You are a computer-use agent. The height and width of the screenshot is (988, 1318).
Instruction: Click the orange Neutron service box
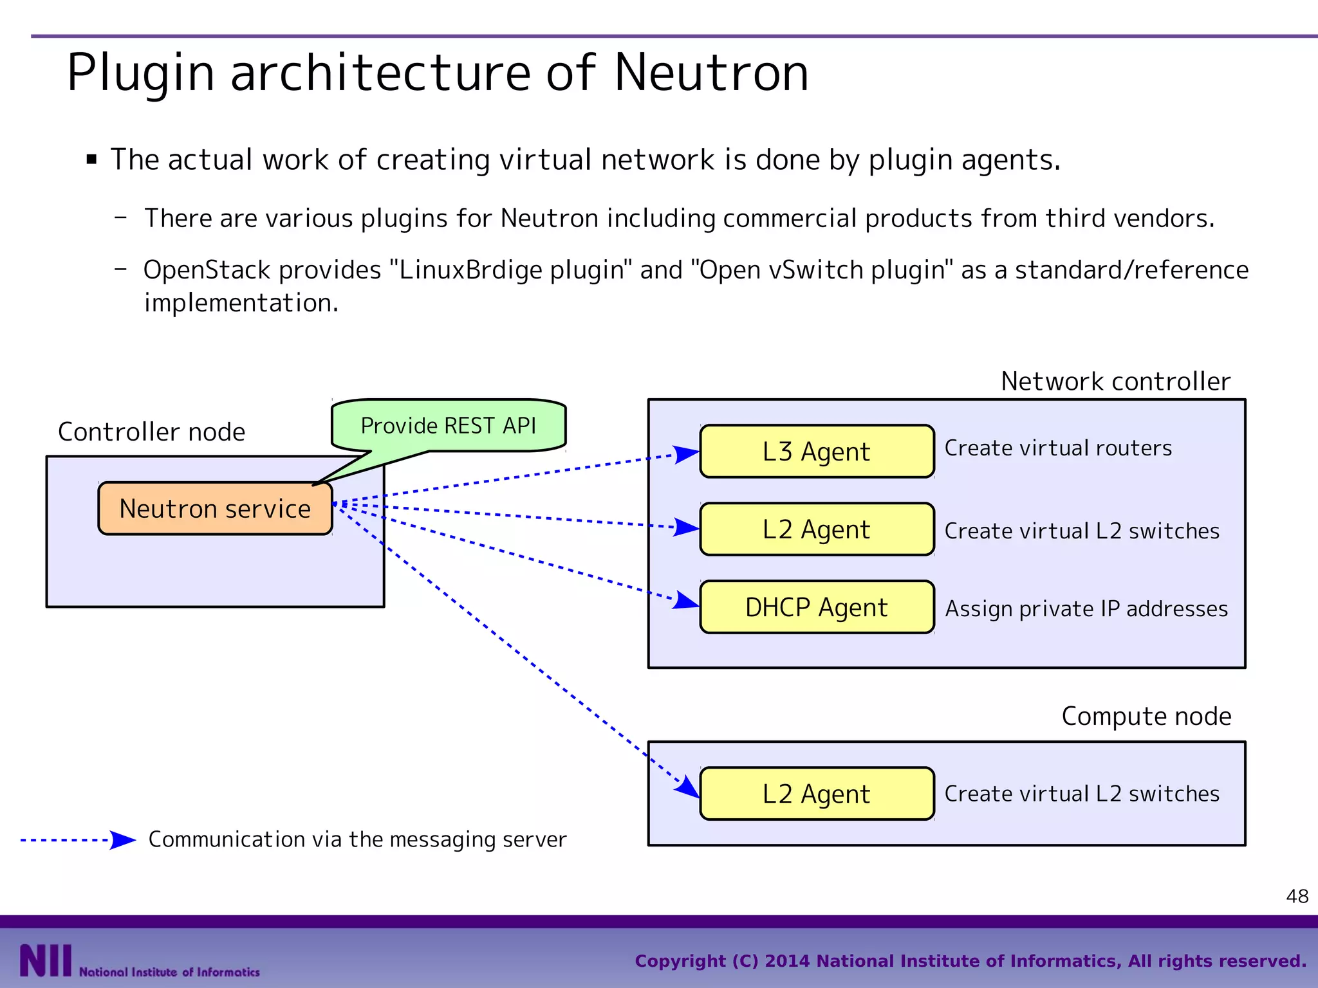tap(215, 508)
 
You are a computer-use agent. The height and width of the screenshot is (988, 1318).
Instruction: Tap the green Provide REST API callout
tap(448, 425)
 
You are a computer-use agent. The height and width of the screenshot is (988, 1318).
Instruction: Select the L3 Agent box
tap(816, 451)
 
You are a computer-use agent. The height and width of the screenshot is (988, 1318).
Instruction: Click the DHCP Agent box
tap(816, 607)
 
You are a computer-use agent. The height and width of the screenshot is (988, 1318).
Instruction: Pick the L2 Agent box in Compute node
tap(816, 793)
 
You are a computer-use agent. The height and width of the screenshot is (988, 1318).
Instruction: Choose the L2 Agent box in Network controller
tap(816, 529)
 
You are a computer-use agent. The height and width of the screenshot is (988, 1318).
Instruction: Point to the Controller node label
tap(151, 432)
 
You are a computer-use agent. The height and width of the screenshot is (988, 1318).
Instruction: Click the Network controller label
tap(1115, 381)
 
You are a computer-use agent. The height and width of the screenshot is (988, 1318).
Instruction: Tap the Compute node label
tap(1146, 716)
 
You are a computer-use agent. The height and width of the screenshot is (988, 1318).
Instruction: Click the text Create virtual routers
tap(1057, 448)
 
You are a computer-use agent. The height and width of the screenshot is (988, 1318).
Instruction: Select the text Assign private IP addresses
tap(1086, 608)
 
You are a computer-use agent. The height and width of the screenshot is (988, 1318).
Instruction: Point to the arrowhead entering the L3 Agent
tap(686, 453)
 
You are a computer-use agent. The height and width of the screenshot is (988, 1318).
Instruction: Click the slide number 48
tap(1297, 896)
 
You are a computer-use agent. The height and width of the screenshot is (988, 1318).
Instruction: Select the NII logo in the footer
tap(45, 960)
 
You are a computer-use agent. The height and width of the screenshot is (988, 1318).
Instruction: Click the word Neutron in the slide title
tap(710, 73)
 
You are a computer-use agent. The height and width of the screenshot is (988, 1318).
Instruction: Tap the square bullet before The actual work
tap(91, 160)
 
